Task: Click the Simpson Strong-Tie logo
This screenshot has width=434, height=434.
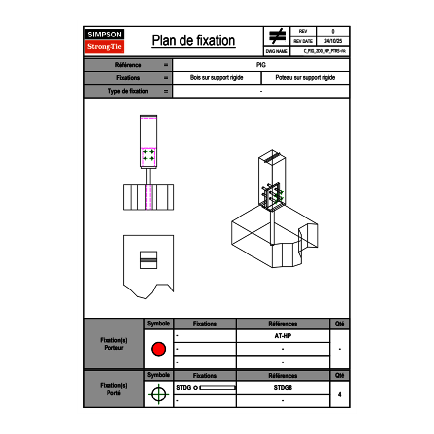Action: point(105,41)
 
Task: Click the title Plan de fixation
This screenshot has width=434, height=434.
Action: point(193,41)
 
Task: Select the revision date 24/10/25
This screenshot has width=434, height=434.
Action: point(333,41)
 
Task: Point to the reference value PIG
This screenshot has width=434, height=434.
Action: point(261,65)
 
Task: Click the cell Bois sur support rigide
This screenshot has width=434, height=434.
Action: point(217,78)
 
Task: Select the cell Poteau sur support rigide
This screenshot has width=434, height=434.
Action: point(305,78)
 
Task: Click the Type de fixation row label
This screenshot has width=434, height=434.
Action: point(128,91)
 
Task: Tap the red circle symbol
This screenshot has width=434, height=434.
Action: point(158,349)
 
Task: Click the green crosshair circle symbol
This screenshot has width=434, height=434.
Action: point(158,395)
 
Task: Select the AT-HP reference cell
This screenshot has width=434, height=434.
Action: point(283,336)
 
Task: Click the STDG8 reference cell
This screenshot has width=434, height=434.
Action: point(283,388)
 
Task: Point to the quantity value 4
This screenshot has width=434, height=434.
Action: point(339,394)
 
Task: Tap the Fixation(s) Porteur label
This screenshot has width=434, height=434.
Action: point(114,344)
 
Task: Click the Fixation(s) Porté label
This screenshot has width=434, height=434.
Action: point(114,389)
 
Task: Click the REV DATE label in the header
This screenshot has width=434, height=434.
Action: point(303,41)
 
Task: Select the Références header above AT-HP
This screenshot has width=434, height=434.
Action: point(283,324)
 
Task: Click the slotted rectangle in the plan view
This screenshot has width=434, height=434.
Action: point(148,260)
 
